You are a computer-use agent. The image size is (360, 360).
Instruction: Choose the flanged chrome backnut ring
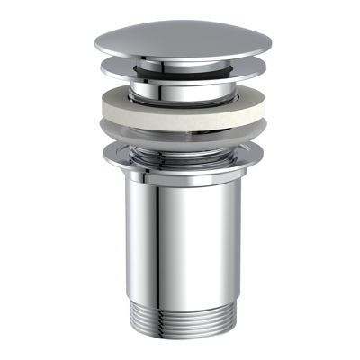pyautogui.click(x=179, y=159)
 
